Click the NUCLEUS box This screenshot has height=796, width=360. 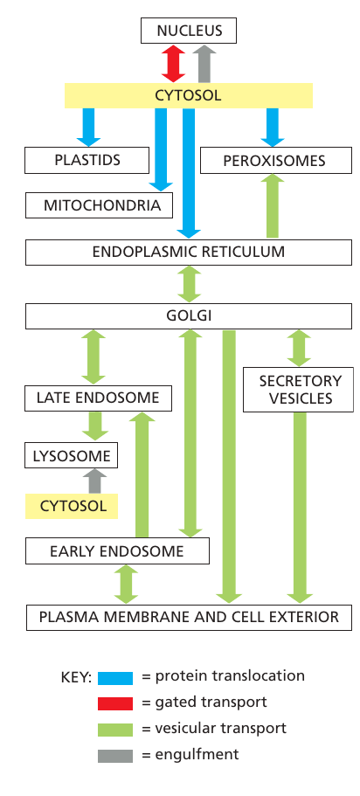pos(189,31)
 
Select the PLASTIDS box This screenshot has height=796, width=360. pos(84,161)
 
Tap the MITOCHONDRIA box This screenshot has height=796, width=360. pos(96,206)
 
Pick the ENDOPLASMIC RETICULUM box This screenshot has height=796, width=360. pos(189,253)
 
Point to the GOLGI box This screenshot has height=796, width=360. pos(189,315)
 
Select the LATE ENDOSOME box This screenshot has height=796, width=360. pos(98,398)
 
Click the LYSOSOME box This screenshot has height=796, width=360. pos(70,455)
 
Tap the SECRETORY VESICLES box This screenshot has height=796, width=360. pos(299,390)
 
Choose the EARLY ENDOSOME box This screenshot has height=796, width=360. pos(117,551)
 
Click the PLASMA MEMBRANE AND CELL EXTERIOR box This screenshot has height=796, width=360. pos(189,616)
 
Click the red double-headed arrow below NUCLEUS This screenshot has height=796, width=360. pos(171,64)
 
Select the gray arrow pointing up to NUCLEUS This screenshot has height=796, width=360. pos(204,64)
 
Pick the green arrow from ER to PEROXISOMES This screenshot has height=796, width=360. pos(273,206)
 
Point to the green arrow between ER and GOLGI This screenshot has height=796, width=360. pos(189,283)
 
